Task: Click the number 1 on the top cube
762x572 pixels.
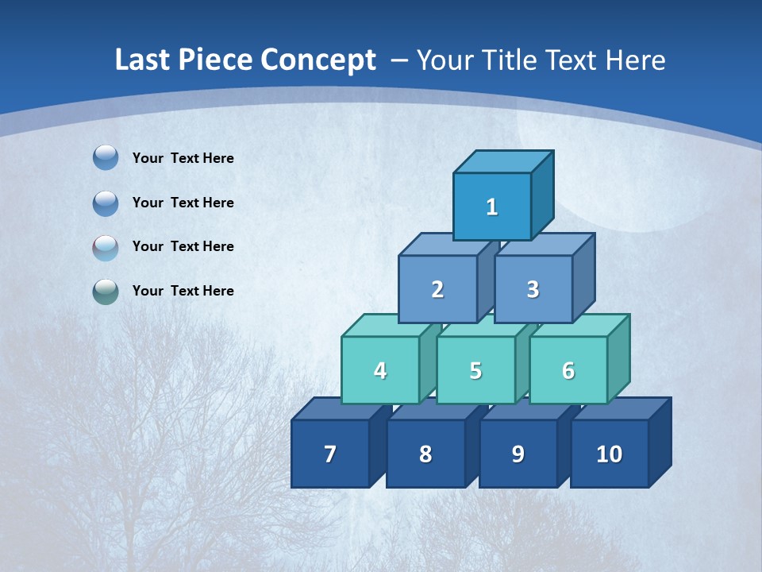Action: coord(492,207)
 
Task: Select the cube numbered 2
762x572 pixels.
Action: coord(437,290)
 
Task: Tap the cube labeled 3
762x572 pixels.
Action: coord(533,290)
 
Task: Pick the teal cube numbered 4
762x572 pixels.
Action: coord(380,370)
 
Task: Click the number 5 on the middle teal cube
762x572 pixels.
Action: coord(475,370)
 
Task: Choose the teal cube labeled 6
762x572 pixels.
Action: coord(568,370)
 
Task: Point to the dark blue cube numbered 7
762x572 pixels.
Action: coord(330,454)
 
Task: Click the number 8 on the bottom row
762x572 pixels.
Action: coord(425,454)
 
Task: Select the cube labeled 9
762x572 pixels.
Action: coord(518,454)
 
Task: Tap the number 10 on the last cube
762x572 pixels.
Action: coord(610,454)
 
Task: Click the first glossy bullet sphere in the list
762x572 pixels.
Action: coord(106,158)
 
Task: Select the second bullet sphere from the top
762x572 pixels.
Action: coord(106,203)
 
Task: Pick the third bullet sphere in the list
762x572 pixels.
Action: coord(106,247)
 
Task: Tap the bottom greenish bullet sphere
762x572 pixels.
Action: coord(106,292)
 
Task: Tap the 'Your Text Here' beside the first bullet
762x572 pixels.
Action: coord(183,158)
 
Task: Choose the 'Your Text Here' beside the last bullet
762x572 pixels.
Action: coord(183,291)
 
